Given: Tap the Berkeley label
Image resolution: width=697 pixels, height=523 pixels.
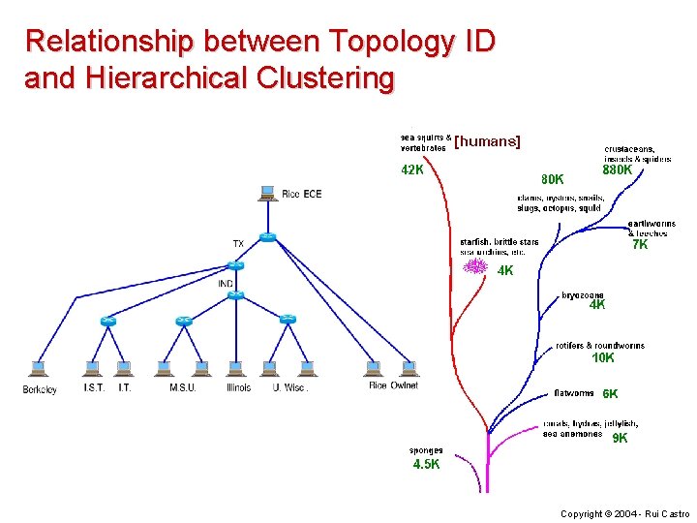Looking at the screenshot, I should pyautogui.click(x=40, y=388).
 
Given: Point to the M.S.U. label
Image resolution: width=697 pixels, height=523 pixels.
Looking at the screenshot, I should pyautogui.click(x=183, y=388).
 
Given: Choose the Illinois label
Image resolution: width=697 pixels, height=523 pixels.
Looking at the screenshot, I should pyautogui.click(x=238, y=388).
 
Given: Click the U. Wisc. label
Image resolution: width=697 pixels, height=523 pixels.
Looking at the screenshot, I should pyautogui.click(x=290, y=388).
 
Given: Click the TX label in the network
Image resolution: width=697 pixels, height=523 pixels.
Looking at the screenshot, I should pyautogui.click(x=238, y=243).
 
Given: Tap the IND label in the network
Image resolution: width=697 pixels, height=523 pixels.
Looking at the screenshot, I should pyautogui.click(x=226, y=284).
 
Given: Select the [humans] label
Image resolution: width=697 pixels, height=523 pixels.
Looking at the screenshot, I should pyautogui.click(x=487, y=141).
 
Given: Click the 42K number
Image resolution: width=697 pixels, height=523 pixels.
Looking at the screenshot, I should pyautogui.click(x=412, y=170).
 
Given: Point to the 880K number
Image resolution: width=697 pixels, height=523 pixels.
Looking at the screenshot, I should pyautogui.click(x=617, y=170).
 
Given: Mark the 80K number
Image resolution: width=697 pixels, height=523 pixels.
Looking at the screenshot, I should pyautogui.click(x=553, y=179).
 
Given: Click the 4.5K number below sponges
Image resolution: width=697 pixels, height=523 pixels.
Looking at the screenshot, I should pyautogui.click(x=426, y=464).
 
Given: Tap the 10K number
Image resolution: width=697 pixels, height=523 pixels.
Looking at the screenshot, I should pyautogui.click(x=603, y=358).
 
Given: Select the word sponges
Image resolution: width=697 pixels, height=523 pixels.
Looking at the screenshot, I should pyautogui.click(x=426, y=450).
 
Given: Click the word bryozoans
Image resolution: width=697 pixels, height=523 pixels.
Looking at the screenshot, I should pyautogui.click(x=583, y=294).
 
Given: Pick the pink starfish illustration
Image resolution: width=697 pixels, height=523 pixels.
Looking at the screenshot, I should pyautogui.click(x=474, y=265).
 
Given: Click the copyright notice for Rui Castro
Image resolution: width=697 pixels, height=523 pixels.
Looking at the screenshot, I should pyautogui.click(x=625, y=513).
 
